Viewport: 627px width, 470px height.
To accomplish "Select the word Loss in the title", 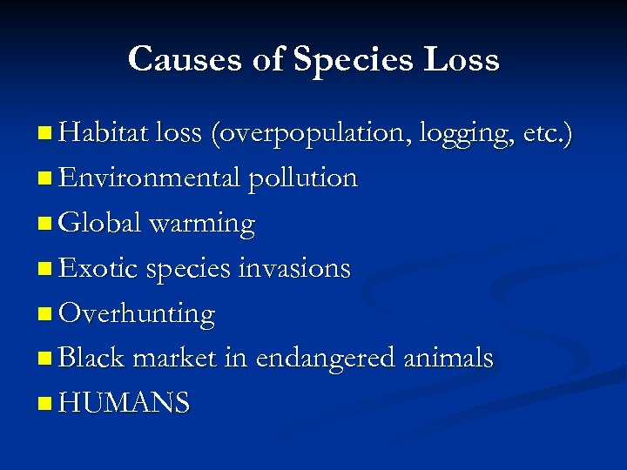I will coord(462,59).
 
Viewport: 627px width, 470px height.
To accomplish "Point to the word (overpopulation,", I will coord(311,133).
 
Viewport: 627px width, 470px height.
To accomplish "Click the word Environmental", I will coord(150,178).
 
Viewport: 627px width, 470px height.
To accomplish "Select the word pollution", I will coord(303,178).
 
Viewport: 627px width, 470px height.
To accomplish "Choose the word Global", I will coord(99,224).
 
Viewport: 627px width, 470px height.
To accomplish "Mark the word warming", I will coord(202,224).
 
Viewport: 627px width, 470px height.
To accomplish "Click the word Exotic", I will coord(98,269).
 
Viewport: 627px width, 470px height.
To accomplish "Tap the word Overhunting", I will coord(136,313).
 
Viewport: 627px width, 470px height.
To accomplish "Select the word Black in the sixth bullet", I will coord(92,358).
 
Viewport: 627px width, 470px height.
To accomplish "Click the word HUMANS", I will coord(124,403).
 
